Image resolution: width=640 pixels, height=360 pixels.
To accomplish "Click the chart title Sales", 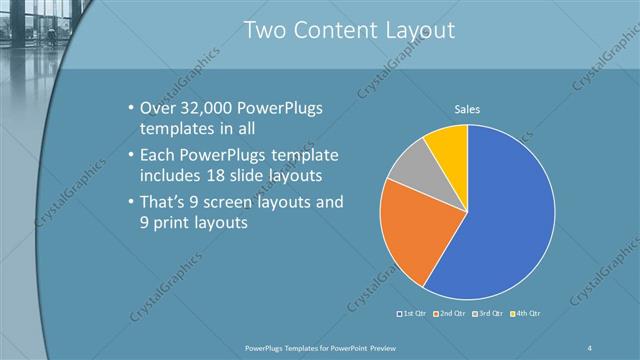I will point(467,108).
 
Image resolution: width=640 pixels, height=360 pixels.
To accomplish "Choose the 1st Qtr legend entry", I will point(413,314).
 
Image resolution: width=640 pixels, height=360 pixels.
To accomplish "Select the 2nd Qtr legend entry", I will point(450,314).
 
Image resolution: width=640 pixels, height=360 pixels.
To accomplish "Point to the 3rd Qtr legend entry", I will point(487,314).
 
